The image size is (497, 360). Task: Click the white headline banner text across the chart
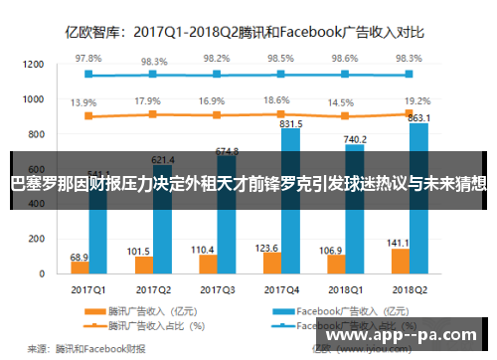[248, 183]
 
